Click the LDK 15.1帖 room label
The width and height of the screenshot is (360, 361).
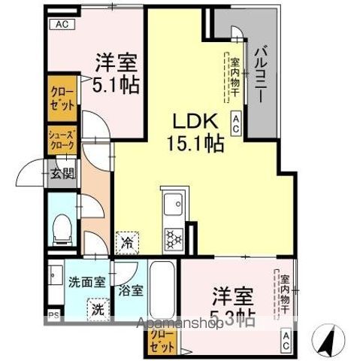(x=198, y=132)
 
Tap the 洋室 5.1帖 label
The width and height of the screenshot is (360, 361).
(x=116, y=73)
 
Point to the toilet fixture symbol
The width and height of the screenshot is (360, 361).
(x=63, y=227)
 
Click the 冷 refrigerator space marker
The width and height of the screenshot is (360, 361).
(x=126, y=243)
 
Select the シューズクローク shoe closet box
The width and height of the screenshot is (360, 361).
(x=62, y=141)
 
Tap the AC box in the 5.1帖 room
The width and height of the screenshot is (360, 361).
(x=62, y=24)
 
